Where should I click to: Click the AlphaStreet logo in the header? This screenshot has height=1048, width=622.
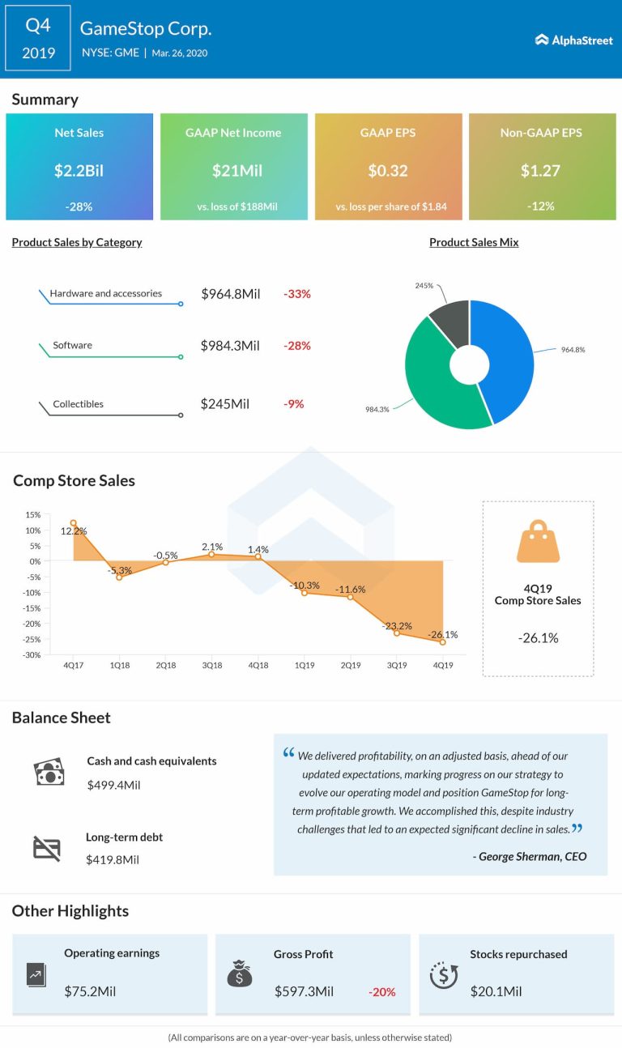[573, 40]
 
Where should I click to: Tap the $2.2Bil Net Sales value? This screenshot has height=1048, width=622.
[79, 171]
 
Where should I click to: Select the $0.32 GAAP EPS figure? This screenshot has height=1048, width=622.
[388, 171]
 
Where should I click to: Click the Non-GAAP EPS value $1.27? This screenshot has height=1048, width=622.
[540, 171]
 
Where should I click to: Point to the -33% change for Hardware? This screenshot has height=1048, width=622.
[297, 294]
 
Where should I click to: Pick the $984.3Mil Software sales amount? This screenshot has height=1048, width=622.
[230, 346]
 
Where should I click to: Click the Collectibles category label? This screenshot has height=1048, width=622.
[79, 404]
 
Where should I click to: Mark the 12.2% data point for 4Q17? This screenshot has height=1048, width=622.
[74, 523]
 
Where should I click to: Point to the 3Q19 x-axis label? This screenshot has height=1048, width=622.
[397, 666]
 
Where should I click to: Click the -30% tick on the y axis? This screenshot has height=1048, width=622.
[32, 655]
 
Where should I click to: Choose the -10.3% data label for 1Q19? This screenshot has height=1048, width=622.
[305, 585]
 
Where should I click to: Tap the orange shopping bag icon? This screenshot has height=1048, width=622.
[538, 543]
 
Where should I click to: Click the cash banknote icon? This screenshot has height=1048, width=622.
[49, 773]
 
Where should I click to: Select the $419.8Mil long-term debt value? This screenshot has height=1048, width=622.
[113, 859]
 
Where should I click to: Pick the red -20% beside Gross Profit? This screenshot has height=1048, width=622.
[381, 991]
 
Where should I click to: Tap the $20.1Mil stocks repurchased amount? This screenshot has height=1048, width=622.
[496, 991]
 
